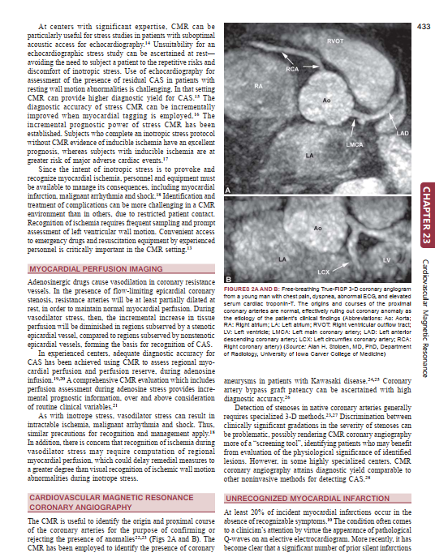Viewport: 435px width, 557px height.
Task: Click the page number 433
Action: pyautogui.click(x=423, y=28)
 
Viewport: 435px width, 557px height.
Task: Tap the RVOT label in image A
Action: pyautogui.click(x=334, y=40)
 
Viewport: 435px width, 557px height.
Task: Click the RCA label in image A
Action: pyautogui.click(x=292, y=69)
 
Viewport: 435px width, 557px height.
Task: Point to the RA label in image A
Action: pyautogui.click(x=258, y=85)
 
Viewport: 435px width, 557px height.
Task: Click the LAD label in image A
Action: pyautogui.click(x=402, y=132)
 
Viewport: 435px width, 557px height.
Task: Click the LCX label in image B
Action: pyautogui.click(x=323, y=271)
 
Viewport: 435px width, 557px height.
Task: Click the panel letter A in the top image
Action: pyautogui.click(x=228, y=189)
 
